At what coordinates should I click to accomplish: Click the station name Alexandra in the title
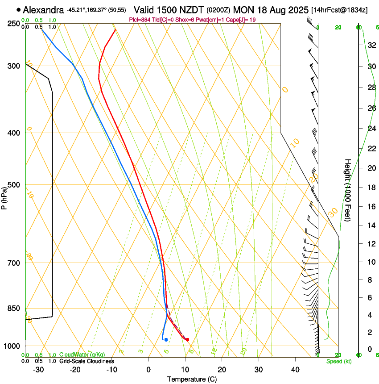(44, 9)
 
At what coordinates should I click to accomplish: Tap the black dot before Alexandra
(18, 9)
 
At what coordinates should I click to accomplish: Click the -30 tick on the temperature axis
(39, 369)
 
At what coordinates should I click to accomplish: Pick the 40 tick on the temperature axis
(295, 369)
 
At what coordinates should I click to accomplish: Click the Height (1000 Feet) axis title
(348, 190)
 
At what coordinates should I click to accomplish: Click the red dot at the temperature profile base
(187, 339)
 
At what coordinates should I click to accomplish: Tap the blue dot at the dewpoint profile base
(166, 340)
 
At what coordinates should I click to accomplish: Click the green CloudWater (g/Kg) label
(82, 355)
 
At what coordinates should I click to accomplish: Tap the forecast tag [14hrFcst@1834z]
(339, 10)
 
